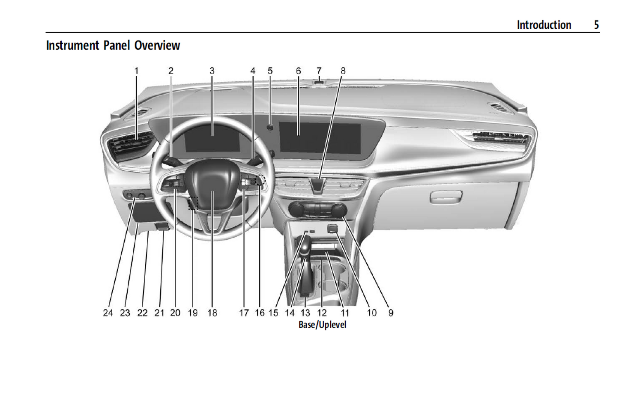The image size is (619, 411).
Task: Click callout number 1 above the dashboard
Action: coord(136,71)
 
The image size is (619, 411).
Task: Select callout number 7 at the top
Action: coord(319,71)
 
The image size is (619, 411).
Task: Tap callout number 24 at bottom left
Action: coord(108,313)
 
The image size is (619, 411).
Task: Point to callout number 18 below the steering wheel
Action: coord(212,313)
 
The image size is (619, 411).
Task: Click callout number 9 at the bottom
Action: coord(391,313)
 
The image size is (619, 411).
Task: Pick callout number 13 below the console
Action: coord(305,313)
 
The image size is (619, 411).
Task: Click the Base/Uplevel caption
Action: coord(322,325)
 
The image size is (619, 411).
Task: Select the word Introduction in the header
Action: coord(544,25)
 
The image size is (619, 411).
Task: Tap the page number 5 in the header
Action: coord(596,25)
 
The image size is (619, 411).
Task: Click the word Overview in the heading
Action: coord(157,45)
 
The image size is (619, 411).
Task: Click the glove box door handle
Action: coord(446,197)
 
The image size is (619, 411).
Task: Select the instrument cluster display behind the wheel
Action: coord(212,138)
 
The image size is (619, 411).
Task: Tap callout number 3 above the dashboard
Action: coord(212,71)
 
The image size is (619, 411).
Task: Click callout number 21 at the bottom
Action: coord(159,313)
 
